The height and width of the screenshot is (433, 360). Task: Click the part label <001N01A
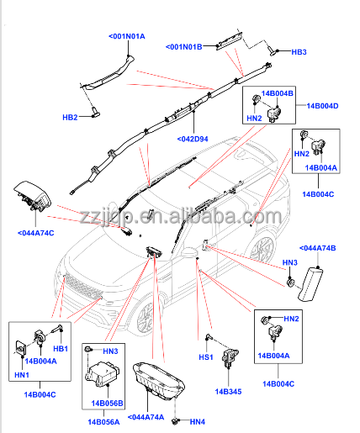127,36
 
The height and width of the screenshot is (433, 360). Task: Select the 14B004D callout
321,106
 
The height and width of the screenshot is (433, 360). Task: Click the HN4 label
198,421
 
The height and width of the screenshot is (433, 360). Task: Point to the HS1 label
204,357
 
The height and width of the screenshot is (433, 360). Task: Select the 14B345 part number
228,392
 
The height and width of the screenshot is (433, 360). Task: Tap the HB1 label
60,348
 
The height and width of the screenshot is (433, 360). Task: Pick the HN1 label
20,374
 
